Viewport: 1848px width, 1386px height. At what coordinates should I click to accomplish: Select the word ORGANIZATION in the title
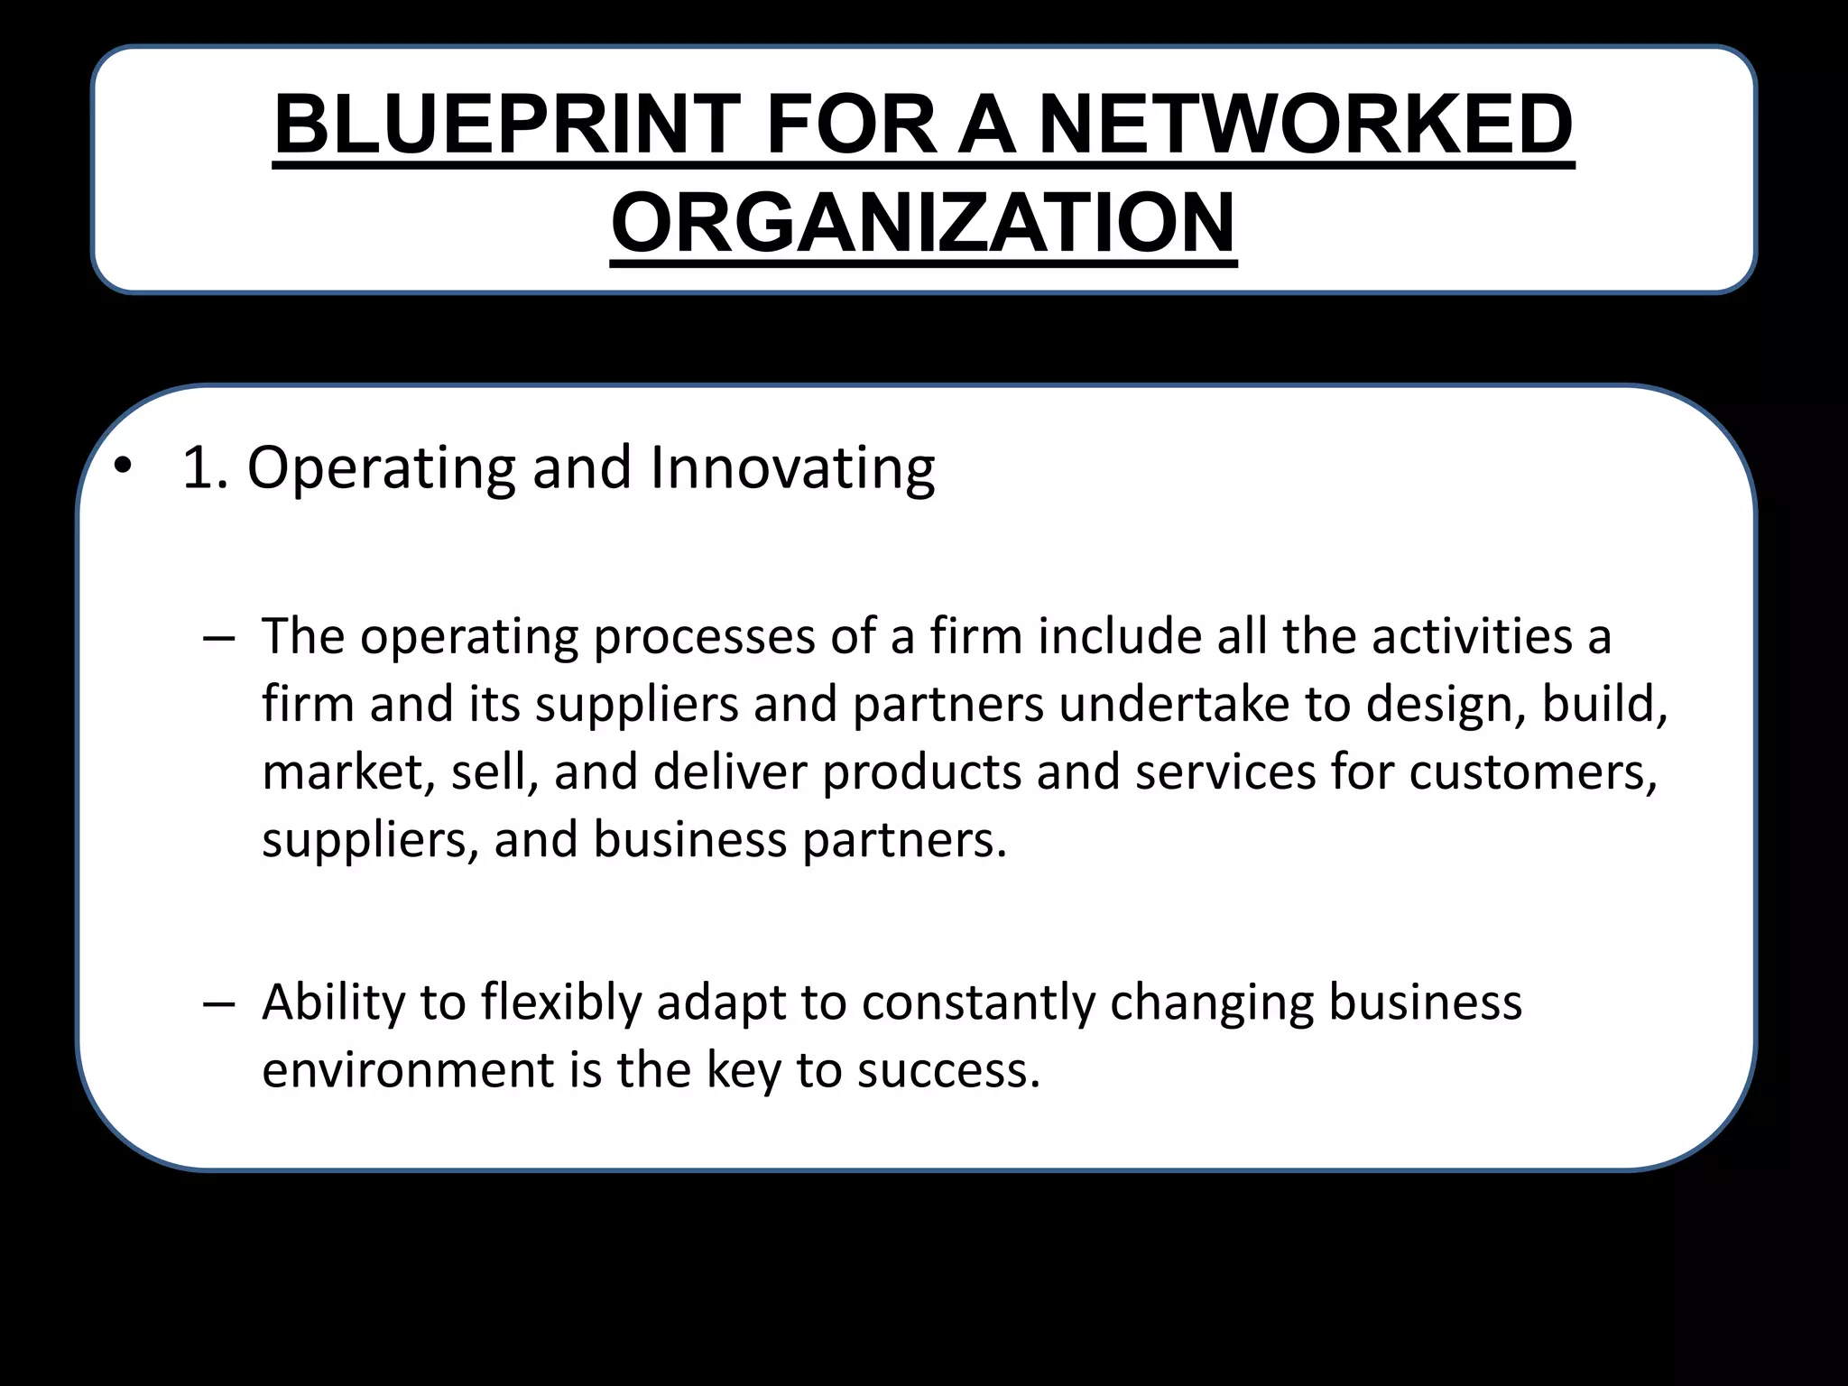[x=923, y=223]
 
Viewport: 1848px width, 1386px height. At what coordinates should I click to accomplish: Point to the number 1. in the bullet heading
[x=205, y=468]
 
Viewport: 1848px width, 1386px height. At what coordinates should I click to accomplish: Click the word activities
[x=1472, y=636]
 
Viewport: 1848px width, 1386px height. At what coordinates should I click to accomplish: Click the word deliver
[x=729, y=772]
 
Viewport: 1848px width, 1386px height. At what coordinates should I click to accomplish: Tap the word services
[x=1225, y=772]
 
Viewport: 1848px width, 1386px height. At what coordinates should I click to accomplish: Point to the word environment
[x=407, y=1071]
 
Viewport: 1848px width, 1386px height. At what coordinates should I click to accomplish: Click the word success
[x=947, y=1071]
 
